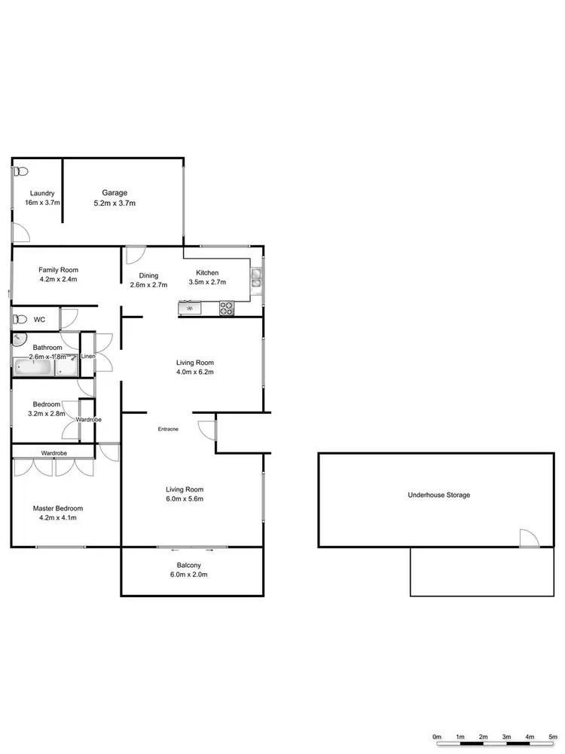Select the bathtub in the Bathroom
click(34, 369)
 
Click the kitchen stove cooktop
click(227, 308)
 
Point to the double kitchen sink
click(257, 278)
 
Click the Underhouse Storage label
click(438, 495)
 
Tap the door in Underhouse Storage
click(530, 538)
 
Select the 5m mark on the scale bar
click(554, 737)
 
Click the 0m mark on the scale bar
click(437, 737)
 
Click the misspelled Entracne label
click(168, 429)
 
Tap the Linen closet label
click(87, 356)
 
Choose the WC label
click(39, 320)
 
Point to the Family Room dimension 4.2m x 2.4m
click(58, 280)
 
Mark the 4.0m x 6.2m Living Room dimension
click(194, 372)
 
